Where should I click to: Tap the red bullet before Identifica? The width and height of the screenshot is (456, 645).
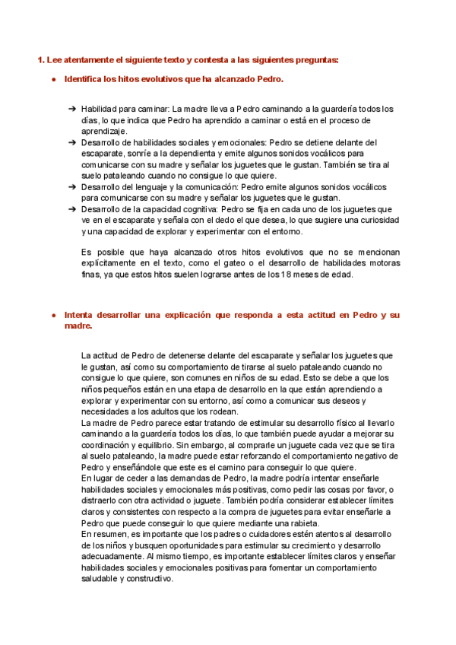click(53, 79)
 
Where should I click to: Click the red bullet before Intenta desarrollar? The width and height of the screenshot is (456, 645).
click(53, 315)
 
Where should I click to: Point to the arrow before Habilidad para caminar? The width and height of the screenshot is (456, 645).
click(71, 109)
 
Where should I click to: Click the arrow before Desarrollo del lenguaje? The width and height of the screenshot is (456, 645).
click(71, 186)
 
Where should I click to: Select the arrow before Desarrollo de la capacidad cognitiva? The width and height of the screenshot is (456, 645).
click(71, 209)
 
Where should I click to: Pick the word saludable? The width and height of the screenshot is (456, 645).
click(100, 578)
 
